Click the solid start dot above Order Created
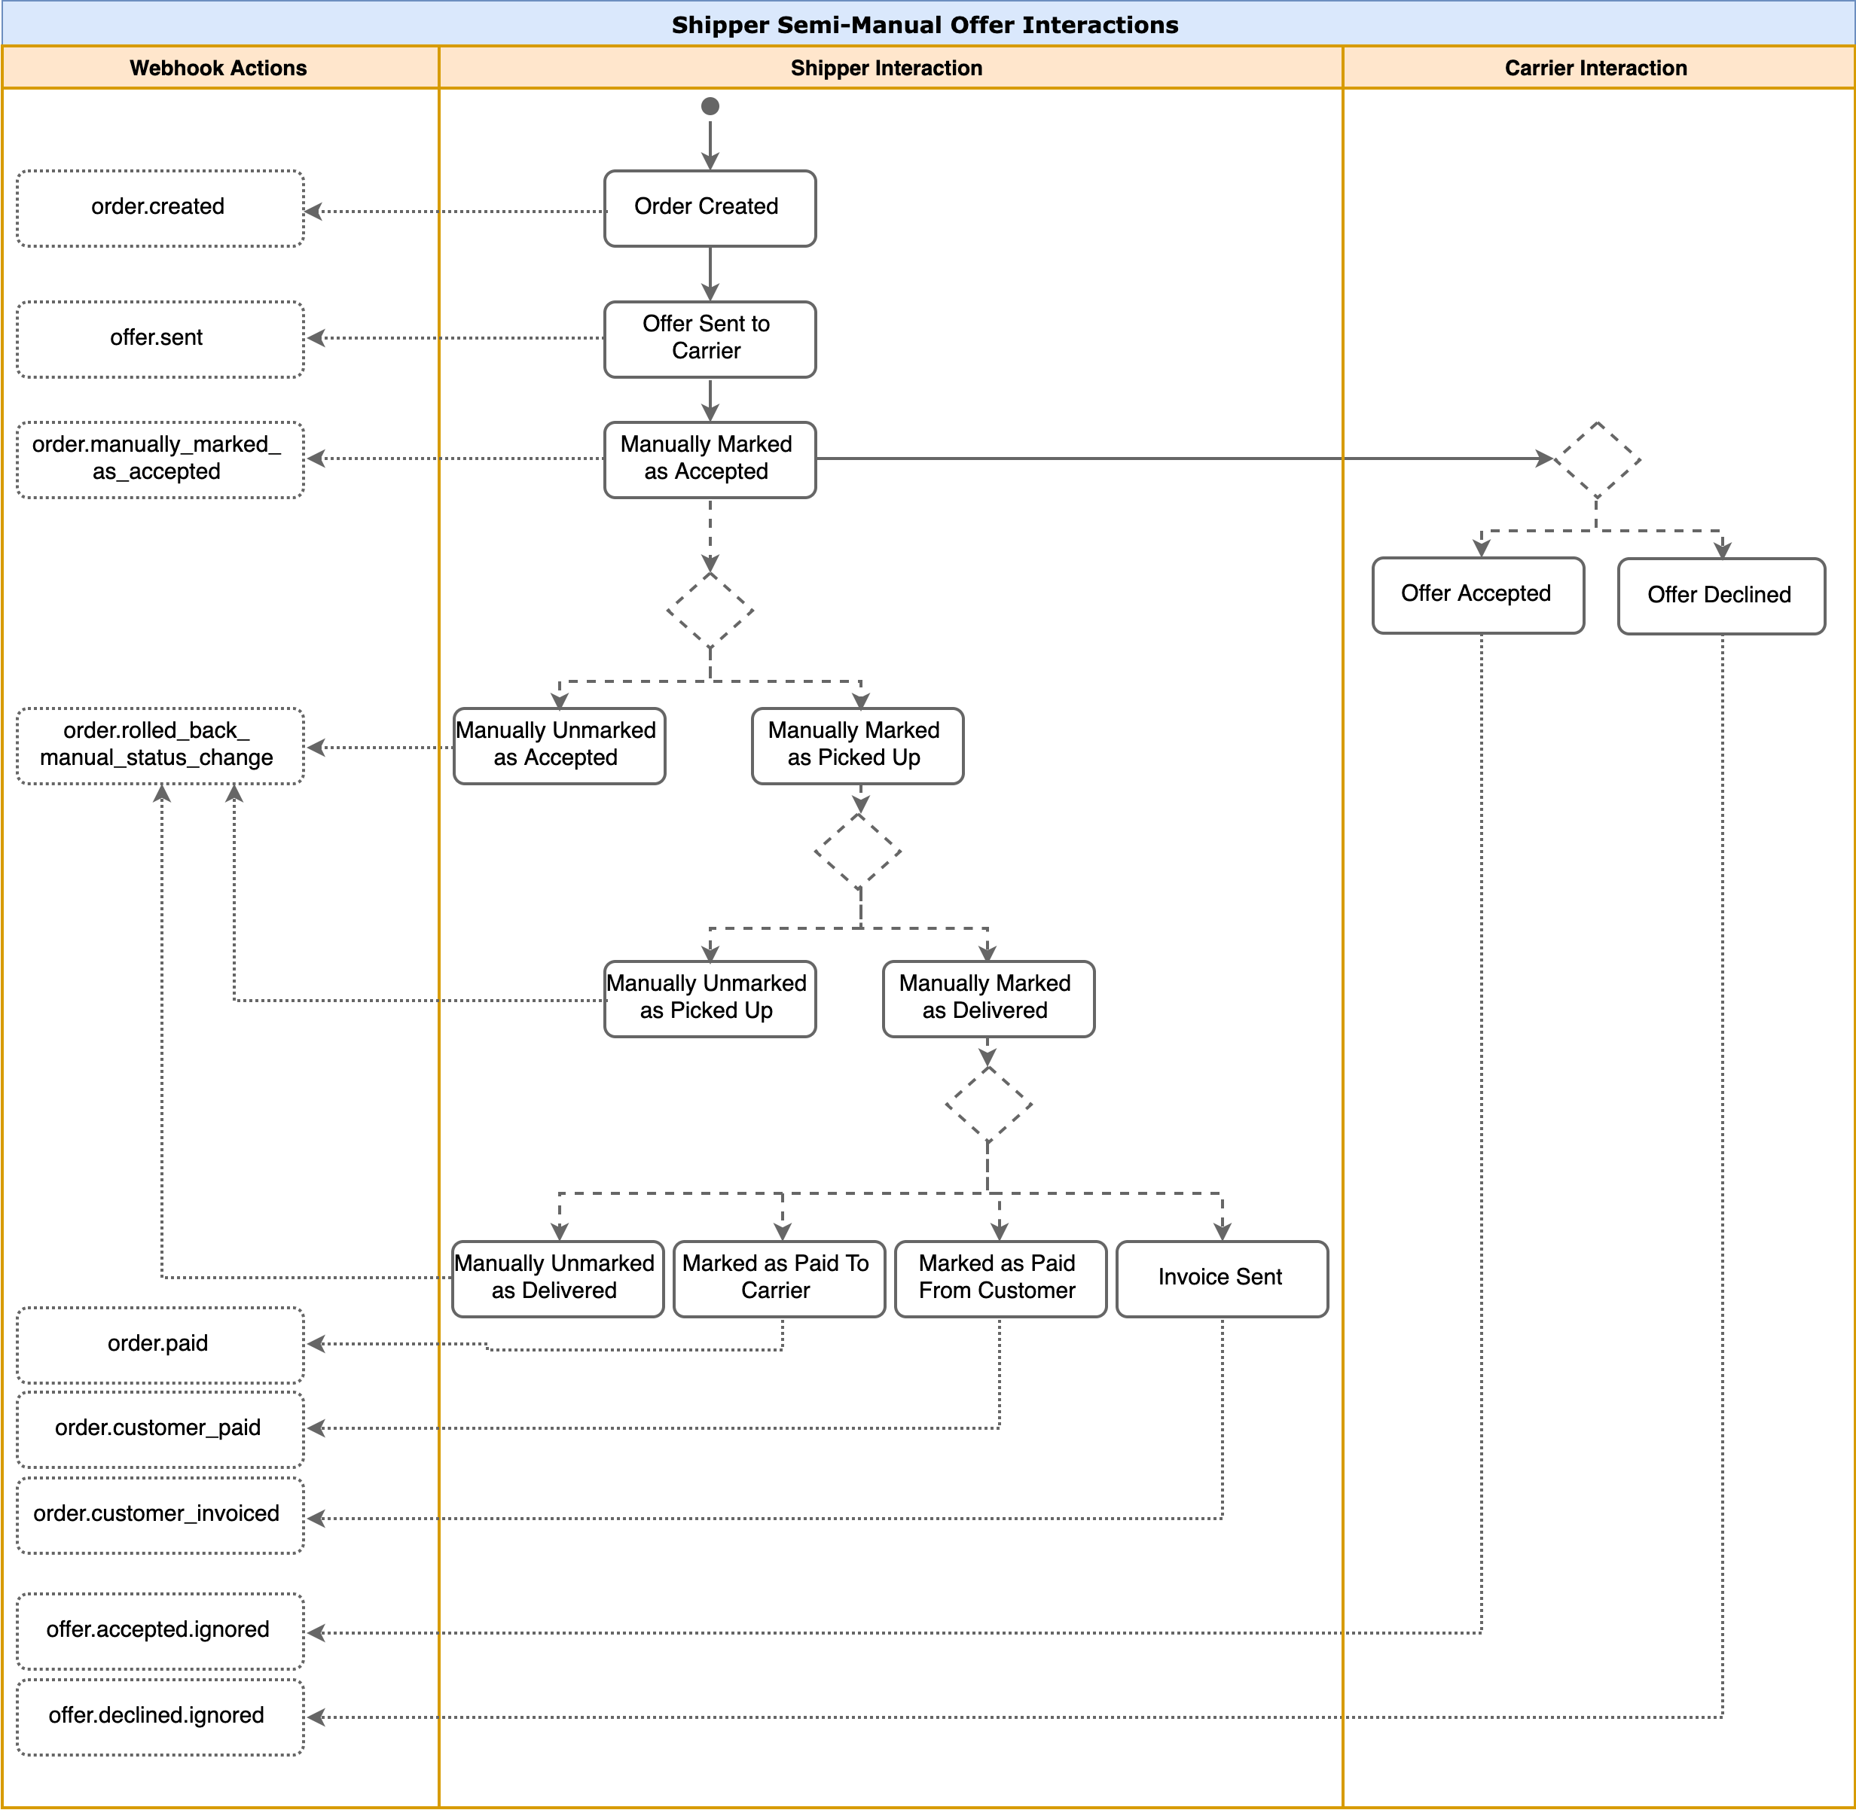pos(710,106)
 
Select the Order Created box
pos(710,209)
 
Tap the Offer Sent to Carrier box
pos(710,340)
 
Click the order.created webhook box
pos(160,209)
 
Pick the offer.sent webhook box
pos(160,340)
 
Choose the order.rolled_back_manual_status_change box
pos(160,746)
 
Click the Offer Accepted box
pos(1479,595)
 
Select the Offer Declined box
pos(1722,596)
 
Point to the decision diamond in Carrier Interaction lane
pos(1598,459)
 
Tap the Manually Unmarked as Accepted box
pos(559,746)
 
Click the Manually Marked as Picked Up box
pos(858,746)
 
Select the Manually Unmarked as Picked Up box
pos(710,999)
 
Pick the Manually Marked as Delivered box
pos(989,999)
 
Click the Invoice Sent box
pos(1223,1278)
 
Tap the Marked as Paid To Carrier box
pos(780,1278)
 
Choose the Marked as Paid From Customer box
pos(1001,1278)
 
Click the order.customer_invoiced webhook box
pos(160,1516)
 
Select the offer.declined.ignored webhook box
pos(160,1717)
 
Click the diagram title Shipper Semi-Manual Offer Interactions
pos(925,25)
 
